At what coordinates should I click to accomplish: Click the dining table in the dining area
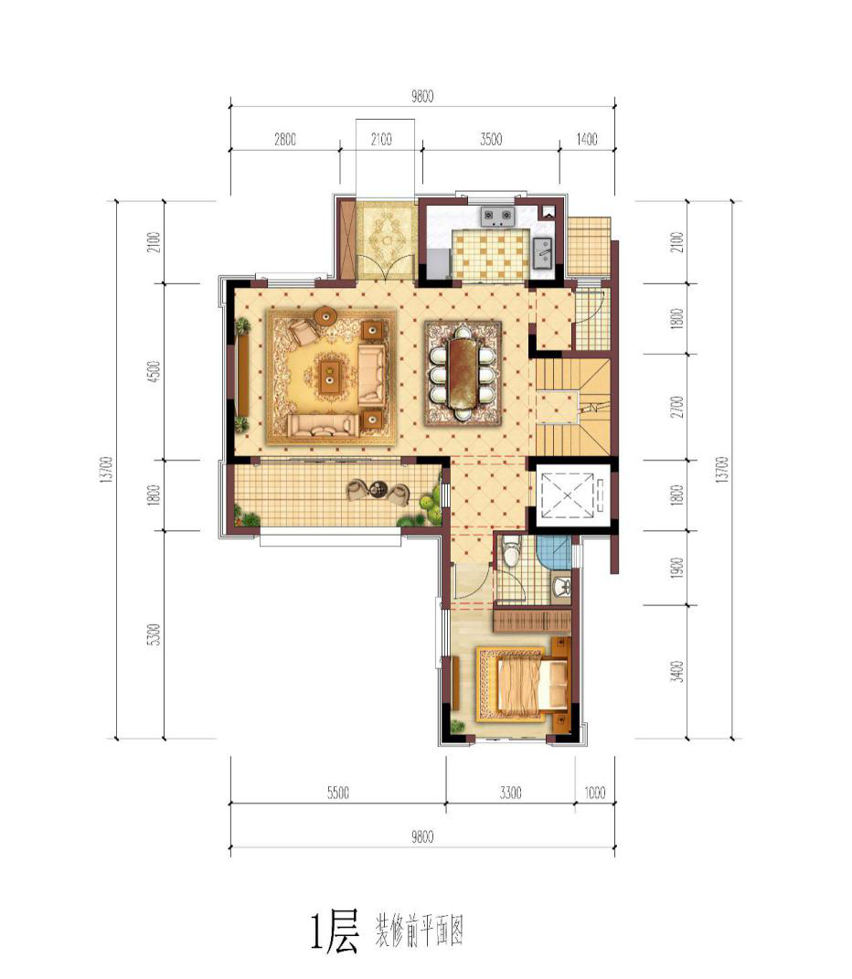463,373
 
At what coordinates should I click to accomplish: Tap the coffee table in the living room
328,374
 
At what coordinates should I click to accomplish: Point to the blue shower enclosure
553,551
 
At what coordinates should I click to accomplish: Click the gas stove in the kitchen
497,217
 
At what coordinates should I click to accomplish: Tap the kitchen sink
541,253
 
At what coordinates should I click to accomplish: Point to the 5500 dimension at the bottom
338,793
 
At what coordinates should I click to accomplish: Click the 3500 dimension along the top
491,139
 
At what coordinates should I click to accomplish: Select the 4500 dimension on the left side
155,371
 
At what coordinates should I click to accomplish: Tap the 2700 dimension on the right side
679,407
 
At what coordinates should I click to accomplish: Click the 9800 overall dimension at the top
422,96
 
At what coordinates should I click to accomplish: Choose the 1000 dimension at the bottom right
594,793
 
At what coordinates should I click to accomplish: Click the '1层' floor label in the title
335,932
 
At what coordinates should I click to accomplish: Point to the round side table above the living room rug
325,316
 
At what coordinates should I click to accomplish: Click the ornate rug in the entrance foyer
385,240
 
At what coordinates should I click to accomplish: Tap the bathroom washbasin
561,587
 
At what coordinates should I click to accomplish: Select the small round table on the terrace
378,490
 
